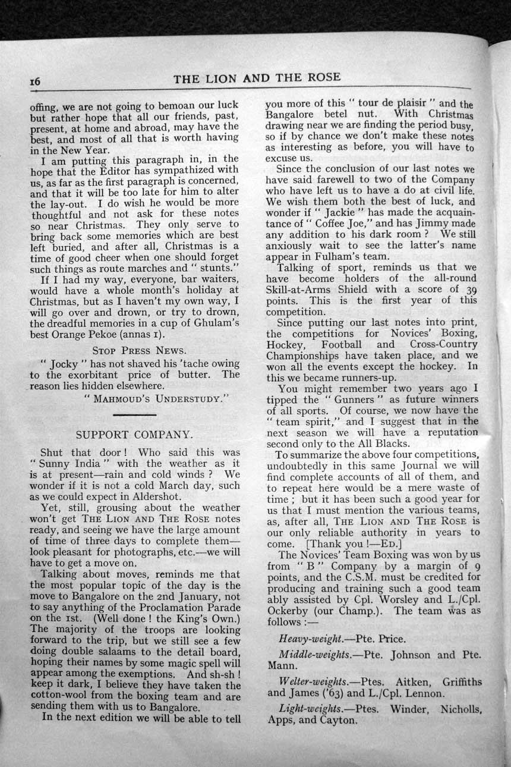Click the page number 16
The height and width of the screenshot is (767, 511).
click(35, 82)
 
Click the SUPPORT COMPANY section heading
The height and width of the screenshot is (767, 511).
click(134, 435)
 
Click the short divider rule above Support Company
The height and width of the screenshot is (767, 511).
click(133, 414)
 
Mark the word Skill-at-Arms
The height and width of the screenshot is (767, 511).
click(304, 289)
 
